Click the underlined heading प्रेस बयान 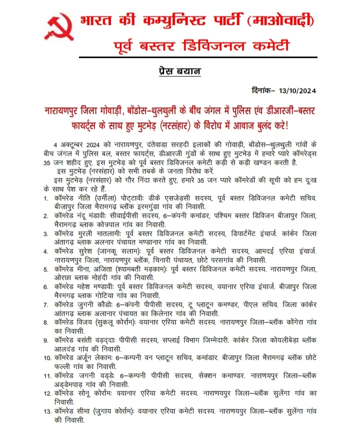(179, 71)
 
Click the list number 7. (46, 304)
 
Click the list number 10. (47, 358)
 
